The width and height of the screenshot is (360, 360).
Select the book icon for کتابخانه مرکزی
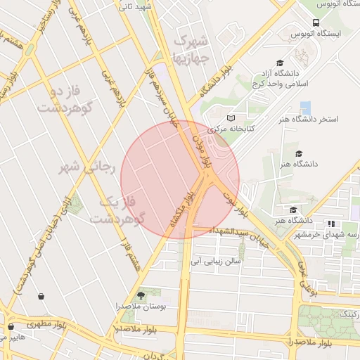tap(231, 118)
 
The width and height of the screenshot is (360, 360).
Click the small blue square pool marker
tap(305, 108)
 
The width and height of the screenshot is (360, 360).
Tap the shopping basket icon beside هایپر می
tap(11, 327)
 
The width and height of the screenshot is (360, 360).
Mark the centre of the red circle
tap(180, 179)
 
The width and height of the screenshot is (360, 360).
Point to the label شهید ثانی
tap(135, 6)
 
